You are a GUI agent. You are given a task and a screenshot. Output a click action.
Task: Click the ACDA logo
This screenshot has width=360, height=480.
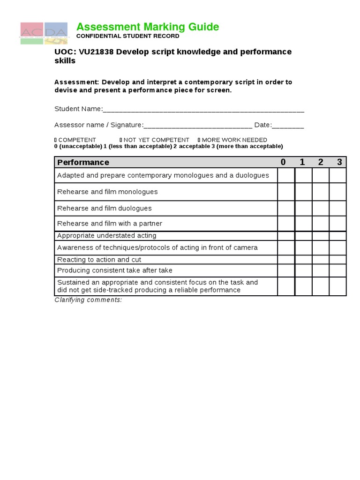(43, 33)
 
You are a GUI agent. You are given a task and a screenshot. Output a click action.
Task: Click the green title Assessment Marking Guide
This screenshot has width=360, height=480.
(148, 27)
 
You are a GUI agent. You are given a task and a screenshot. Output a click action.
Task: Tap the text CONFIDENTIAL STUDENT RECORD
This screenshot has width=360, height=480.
(127, 36)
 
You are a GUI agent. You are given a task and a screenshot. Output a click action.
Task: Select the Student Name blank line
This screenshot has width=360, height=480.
(203, 110)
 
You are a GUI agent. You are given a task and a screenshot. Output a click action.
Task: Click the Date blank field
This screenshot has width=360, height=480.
(287, 126)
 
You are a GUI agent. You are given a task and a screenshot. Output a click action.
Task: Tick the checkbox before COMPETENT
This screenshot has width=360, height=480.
(56, 140)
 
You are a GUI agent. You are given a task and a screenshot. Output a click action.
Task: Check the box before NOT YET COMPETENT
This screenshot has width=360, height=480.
(121, 140)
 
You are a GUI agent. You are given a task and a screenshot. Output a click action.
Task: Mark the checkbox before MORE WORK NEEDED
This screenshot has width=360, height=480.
(199, 140)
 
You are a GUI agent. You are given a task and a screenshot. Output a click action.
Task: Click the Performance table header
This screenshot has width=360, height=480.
(83, 162)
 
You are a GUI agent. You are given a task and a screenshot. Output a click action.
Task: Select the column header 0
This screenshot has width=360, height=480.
(283, 162)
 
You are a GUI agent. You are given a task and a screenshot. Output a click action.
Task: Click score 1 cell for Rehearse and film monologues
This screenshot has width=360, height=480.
(303, 192)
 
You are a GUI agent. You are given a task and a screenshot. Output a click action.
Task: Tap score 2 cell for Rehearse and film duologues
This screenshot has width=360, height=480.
(321, 208)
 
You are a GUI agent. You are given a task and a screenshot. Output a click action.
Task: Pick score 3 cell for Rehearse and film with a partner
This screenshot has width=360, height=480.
(337, 224)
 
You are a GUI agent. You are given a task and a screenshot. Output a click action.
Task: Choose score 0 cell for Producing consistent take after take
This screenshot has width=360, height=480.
(286, 270)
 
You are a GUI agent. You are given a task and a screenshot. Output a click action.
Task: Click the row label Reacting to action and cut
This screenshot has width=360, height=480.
(99, 260)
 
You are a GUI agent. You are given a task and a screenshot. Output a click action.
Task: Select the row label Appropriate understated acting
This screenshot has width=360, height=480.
(106, 236)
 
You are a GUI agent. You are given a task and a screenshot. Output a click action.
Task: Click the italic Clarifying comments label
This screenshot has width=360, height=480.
(88, 300)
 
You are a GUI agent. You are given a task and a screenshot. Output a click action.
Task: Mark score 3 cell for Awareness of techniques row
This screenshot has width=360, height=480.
(337, 247)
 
